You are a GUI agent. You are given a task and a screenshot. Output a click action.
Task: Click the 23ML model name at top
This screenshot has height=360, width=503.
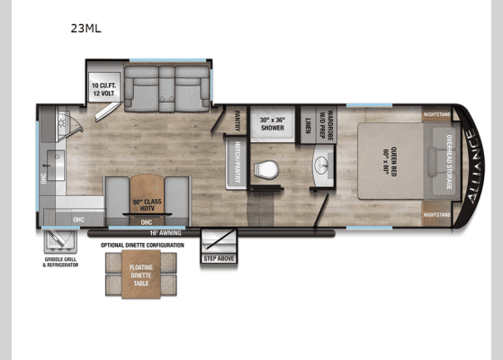pyautogui.click(x=86, y=27)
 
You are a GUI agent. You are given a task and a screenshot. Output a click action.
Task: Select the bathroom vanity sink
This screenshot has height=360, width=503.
pyautogui.click(x=323, y=166)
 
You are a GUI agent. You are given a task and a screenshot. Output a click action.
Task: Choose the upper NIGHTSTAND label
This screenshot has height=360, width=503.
pyautogui.click(x=438, y=114)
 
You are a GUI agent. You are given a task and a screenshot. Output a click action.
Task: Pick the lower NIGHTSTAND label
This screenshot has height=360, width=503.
pyautogui.click(x=438, y=215)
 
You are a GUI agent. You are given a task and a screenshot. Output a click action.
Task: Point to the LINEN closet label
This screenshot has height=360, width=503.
pyautogui.click(x=308, y=125)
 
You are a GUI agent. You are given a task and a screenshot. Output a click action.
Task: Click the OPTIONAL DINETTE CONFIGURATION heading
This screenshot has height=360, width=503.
pyautogui.click(x=142, y=245)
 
